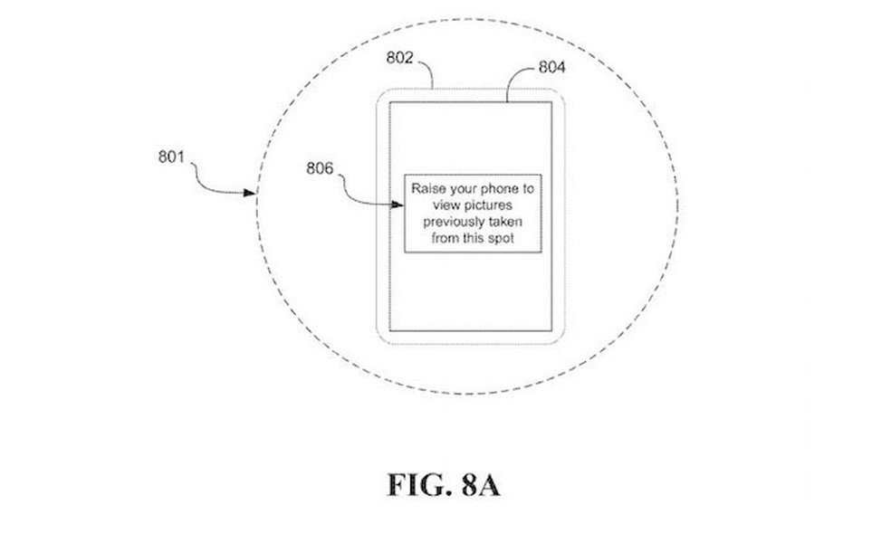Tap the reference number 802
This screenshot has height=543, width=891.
tap(399, 57)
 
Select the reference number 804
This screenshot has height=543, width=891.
tap(554, 67)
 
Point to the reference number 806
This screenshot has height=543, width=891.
tap(320, 168)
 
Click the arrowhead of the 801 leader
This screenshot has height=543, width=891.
tap(253, 192)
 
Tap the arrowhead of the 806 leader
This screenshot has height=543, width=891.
tap(399, 205)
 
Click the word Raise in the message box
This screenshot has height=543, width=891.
tap(428, 189)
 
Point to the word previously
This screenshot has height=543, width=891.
tap(455, 222)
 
